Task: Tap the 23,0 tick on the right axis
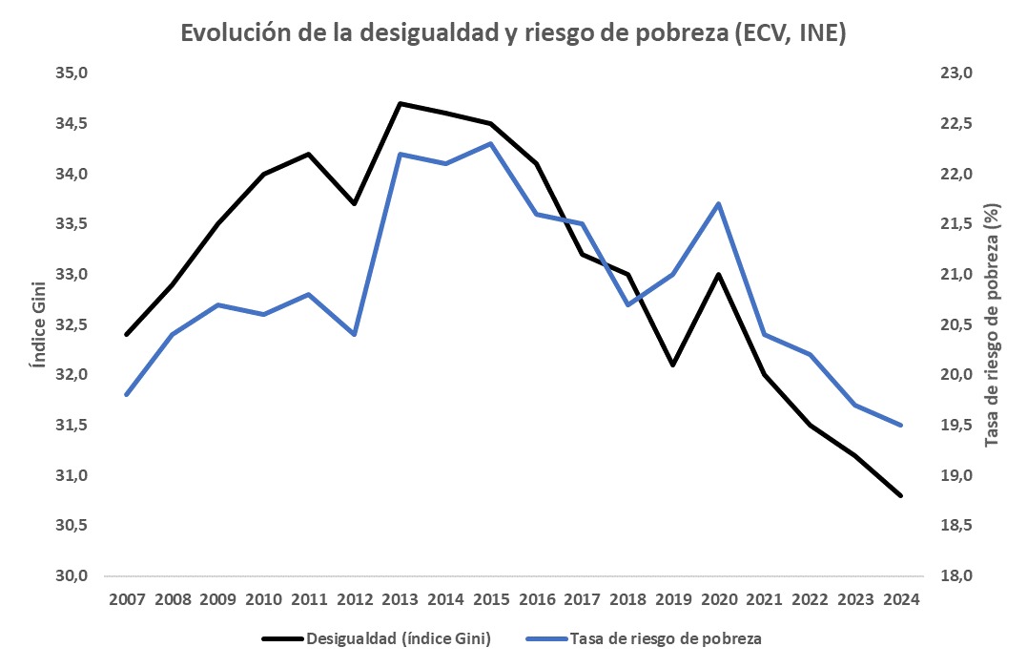[x=956, y=73]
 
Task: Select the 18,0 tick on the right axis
[x=956, y=576]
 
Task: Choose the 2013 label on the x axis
[x=400, y=599]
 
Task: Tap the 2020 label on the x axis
[x=718, y=599]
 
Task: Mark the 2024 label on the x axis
[x=900, y=599]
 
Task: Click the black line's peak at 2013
[x=400, y=103]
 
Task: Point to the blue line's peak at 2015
[x=490, y=144]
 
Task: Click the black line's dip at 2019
[x=672, y=365]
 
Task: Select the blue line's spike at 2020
[x=718, y=204]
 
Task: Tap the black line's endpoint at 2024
[x=900, y=495]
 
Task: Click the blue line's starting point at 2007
[x=126, y=394]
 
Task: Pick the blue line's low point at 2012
[x=354, y=334]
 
